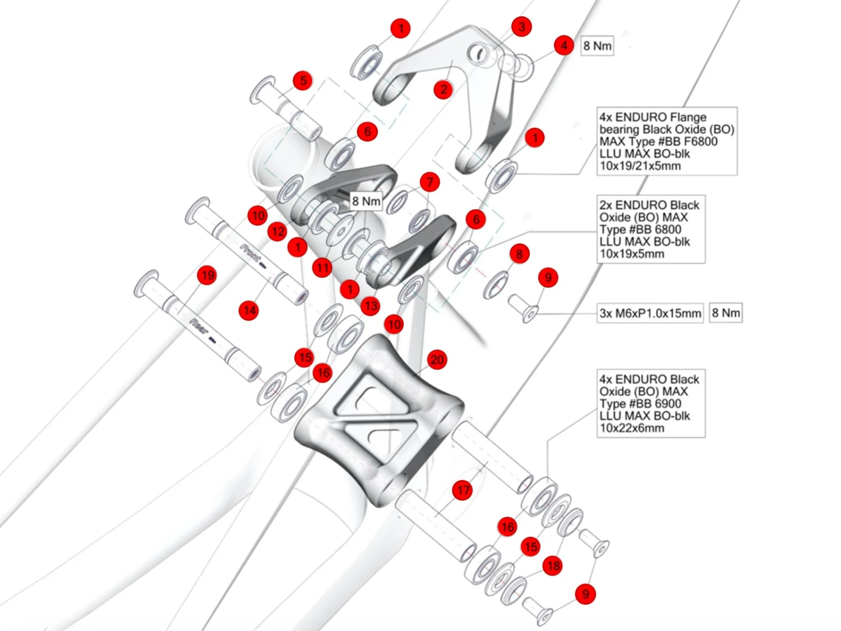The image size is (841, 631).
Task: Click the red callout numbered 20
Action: [437, 360]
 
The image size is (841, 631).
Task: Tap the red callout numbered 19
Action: [207, 275]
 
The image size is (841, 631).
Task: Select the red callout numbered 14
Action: [248, 310]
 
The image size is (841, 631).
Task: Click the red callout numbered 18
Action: [553, 566]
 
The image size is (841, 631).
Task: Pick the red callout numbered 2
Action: [443, 89]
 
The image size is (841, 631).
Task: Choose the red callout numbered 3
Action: [521, 26]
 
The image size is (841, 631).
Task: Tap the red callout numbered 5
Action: [303, 81]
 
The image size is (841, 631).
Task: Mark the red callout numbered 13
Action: [371, 306]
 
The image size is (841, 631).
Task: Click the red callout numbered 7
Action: [430, 182]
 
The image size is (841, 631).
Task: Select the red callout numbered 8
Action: [519, 254]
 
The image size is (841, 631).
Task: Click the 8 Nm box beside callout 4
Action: [597, 46]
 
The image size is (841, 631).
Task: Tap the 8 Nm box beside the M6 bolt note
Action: [726, 313]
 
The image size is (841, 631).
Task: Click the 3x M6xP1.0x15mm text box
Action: [650, 314]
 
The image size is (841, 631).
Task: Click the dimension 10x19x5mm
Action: [632, 254]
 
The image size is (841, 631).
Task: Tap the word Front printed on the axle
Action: [251, 252]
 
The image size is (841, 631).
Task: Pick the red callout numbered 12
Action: [278, 232]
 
